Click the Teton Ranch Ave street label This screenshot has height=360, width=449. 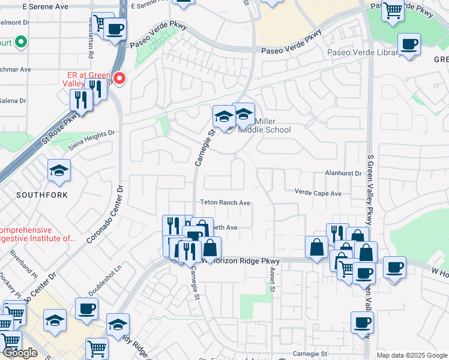click(x=225, y=203)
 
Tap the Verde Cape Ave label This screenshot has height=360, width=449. click(x=318, y=193)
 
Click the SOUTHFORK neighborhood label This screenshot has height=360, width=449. click(x=42, y=196)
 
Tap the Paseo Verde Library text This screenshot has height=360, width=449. click(x=363, y=53)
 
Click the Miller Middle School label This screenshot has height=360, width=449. click(x=265, y=125)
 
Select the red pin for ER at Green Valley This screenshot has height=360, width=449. click(x=119, y=78)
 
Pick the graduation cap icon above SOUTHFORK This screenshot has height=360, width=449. click(x=59, y=172)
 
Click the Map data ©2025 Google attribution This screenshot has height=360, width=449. click(x=411, y=355)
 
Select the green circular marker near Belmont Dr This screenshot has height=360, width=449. click(x=21, y=42)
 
